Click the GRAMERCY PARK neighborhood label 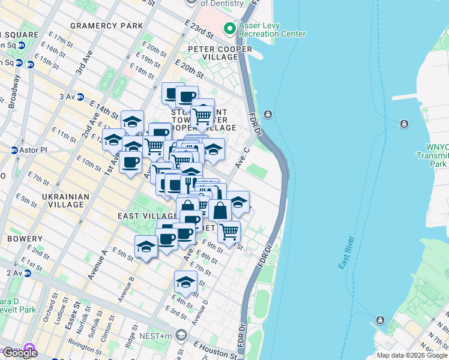(x=107, y=26)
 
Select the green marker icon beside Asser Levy (x=229, y=28)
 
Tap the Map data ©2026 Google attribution (x=411, y=355)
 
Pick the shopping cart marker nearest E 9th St (x=229, y=232)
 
